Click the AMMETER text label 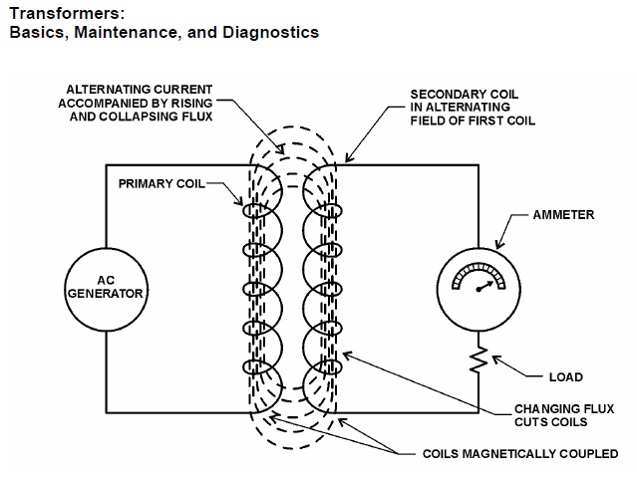pos(564,214)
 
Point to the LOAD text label pos(565,377)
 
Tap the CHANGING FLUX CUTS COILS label pos(548,415)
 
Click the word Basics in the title pos(35,32)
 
